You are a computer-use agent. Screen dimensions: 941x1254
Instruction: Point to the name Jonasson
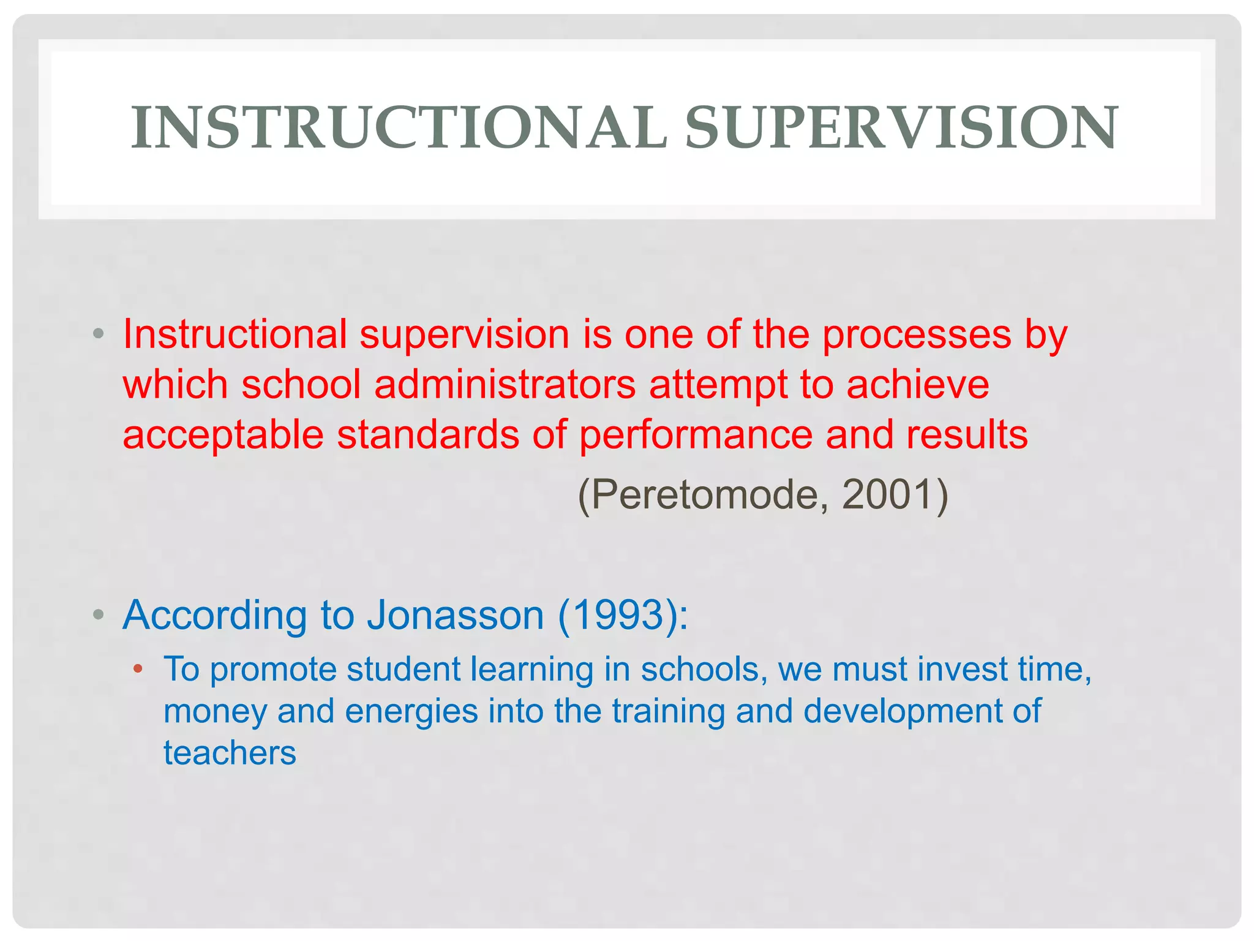(456, 614)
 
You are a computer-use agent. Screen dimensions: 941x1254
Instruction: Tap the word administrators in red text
(505, 385)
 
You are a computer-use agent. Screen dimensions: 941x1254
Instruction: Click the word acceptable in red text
(223, 435)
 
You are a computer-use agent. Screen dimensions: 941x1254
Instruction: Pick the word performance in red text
(696, 435)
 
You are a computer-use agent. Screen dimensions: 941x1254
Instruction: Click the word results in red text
(967, 435)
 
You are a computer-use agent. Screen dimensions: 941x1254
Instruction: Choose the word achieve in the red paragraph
(918, 385)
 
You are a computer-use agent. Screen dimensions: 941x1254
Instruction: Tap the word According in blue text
(214, 614)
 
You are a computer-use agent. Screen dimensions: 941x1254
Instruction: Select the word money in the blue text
(215, 711)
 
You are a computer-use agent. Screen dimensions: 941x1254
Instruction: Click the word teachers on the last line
(230, 753)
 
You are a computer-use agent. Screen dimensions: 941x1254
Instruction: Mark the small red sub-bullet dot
(138, 668)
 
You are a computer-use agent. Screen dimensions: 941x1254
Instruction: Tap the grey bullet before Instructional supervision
(98, 334)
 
